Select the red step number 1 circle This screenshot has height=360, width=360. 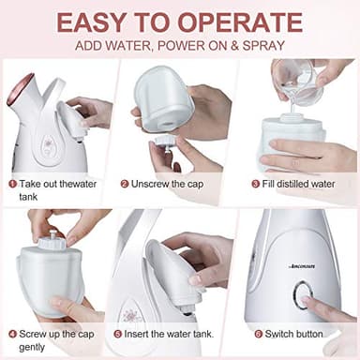(x=13, y=184)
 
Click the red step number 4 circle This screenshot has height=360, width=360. (x=13, y=333)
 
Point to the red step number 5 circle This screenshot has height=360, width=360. (x=118, y=333)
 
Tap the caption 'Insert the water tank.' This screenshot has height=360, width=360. (x=171, y=333)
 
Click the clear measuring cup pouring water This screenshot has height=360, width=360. (x=293, y=75)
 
